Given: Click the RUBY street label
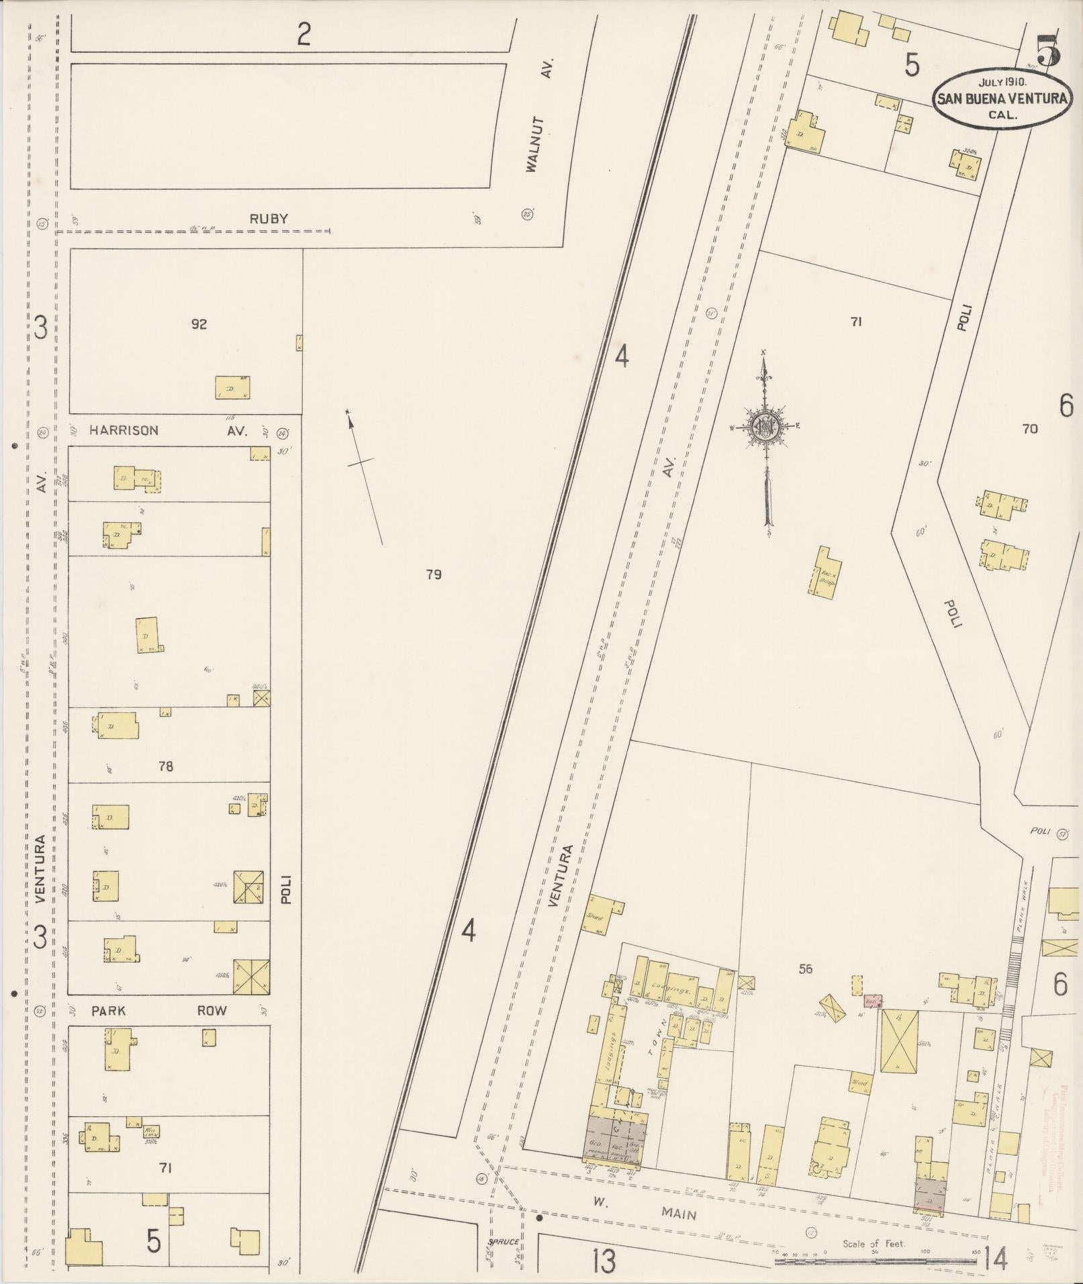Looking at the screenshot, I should pos(269,218).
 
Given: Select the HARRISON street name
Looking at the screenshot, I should pos(124,430).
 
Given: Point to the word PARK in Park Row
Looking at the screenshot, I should pos(108,1011).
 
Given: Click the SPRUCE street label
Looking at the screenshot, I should pos(504,1242).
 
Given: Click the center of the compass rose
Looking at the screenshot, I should pos(764,426).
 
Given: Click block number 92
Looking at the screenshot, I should pos(199,324).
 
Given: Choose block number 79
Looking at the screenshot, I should pos(434,574).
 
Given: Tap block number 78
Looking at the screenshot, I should pos(165,766).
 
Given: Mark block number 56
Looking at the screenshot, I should pos(806,969).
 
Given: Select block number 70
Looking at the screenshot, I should pos(1029,429).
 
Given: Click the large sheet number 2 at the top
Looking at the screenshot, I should pos(303,34).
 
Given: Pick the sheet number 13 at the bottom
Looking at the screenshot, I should pos(604,1262).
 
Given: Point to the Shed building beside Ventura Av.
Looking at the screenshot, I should pos(602,914).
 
